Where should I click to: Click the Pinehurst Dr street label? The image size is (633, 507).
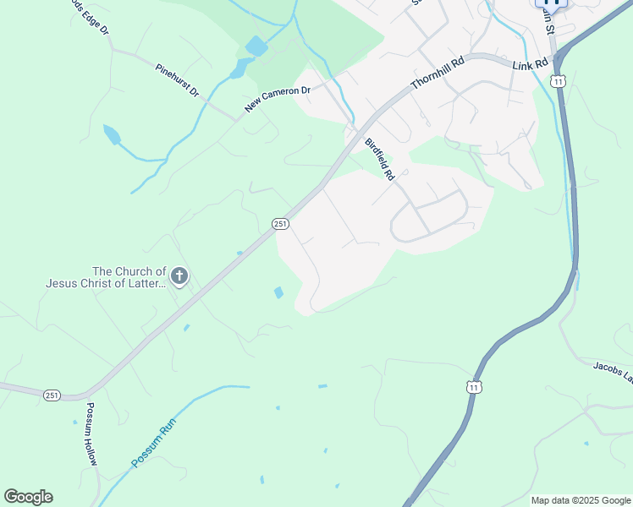click(x=177, y=79)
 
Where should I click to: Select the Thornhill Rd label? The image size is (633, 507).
click(x=438, y=74)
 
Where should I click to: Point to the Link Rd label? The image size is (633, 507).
click(x=531, y=63)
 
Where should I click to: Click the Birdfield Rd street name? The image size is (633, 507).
click(x=380, y=160)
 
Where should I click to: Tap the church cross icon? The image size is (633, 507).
click(x=179, y=275)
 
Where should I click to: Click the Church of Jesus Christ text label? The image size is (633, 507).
click(x=106, y=277)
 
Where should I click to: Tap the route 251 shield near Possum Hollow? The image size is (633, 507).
click(x=52, y=395)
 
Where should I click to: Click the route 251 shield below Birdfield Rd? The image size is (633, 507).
click(x=281, y=223)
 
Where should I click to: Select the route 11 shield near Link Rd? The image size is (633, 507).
click(x=557, y=80)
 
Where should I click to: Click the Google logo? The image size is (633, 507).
click(x=28, y=497)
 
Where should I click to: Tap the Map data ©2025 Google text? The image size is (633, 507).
click(x=580, y=500)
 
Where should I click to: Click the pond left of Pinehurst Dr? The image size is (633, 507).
click(x=111, y=134)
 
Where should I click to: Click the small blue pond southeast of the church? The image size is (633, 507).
click(x=278, y=292)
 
